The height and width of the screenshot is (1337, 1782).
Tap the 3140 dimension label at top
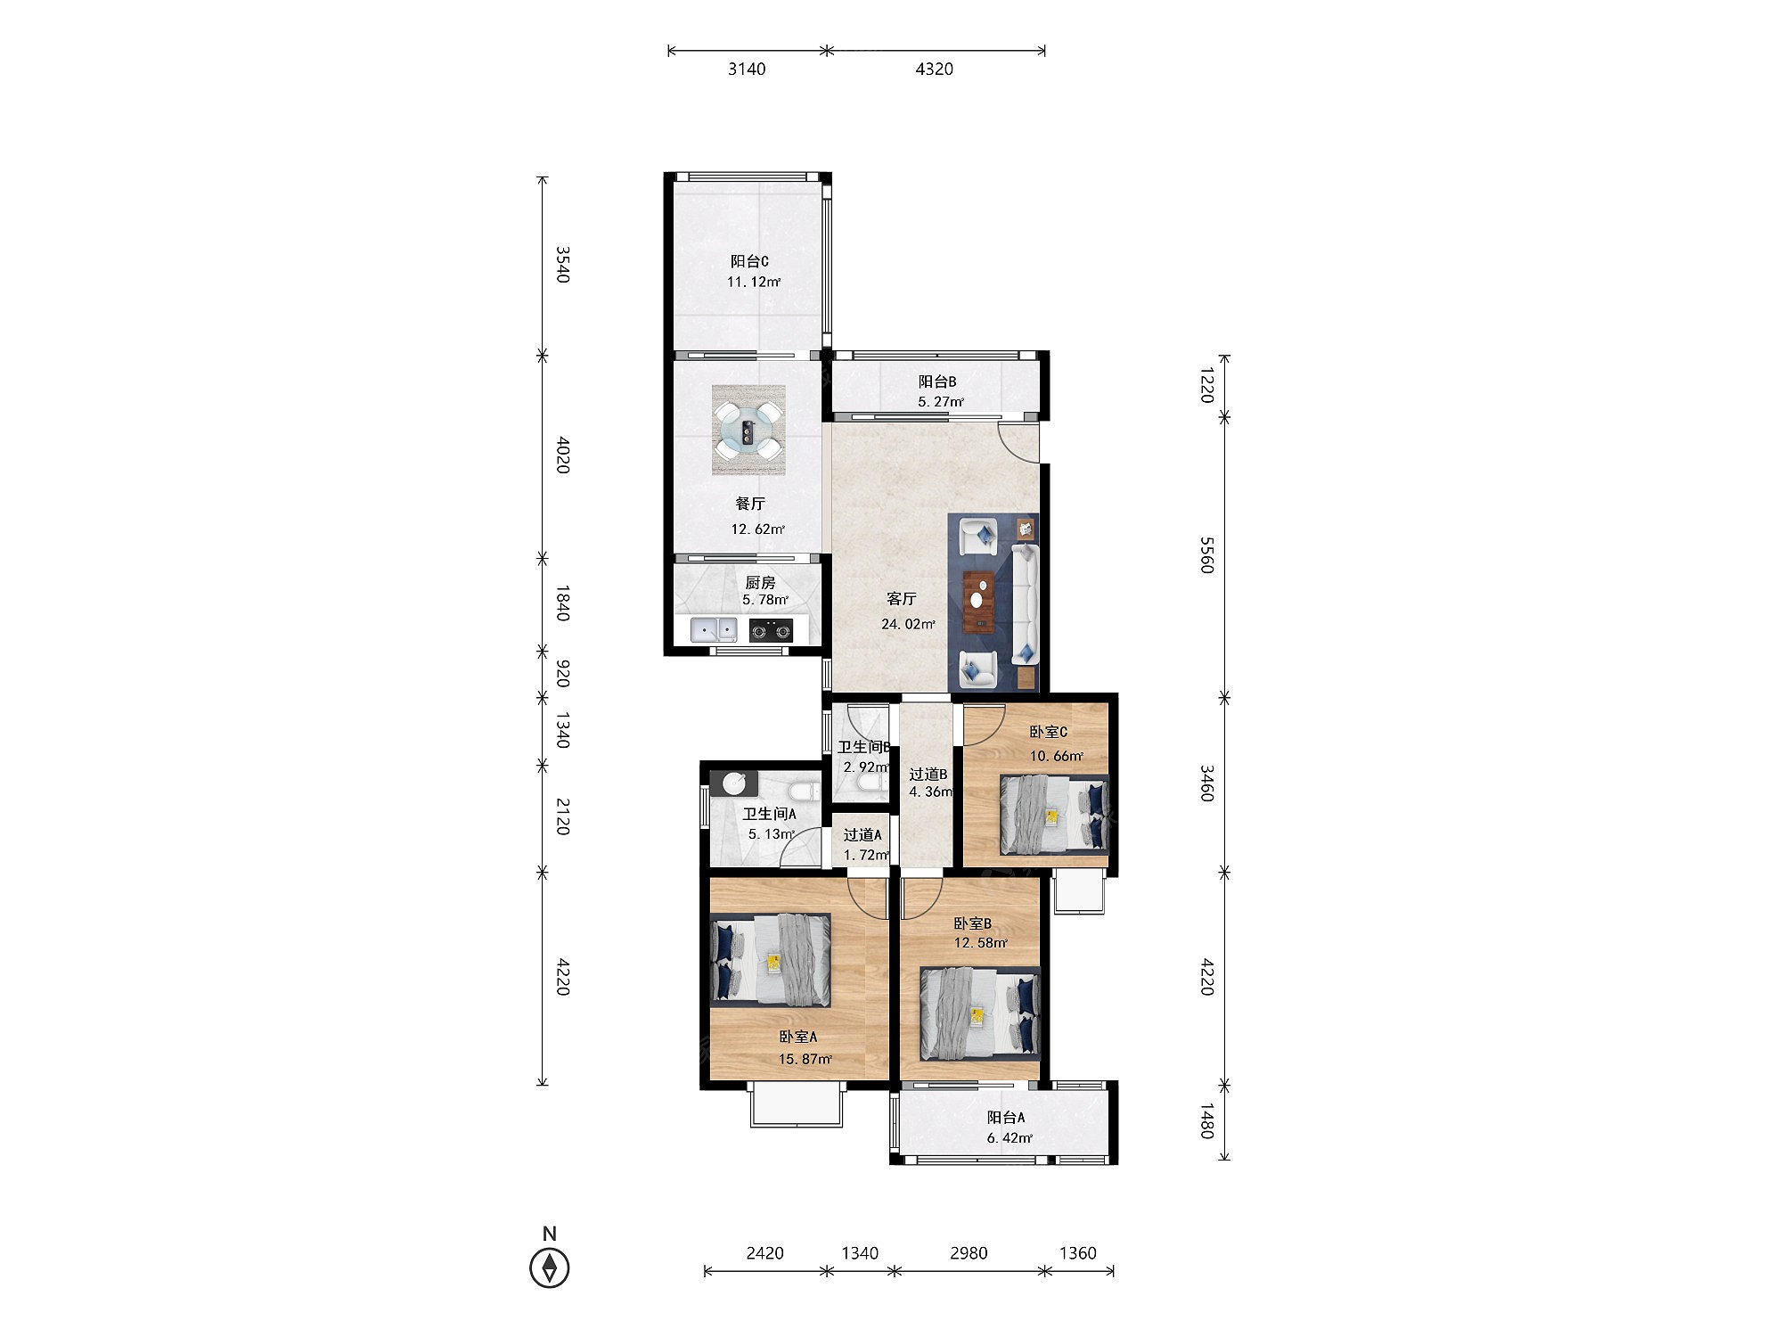click(x=747, y=69)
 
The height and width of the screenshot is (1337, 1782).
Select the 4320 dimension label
click(x=934, y=69)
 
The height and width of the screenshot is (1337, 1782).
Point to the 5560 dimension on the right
click(x=1207, y=554)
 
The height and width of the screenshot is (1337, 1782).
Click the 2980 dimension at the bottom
click(x=969, y=1253)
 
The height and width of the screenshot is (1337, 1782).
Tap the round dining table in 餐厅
click(x=748, y=431)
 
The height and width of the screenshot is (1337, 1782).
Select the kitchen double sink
click(x=715, y=630)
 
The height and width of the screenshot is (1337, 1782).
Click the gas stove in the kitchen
click(x=771, y=630)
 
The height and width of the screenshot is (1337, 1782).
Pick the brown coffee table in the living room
click(x=979, y=601)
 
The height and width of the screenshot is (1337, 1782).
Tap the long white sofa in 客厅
click(x=1026, y=604)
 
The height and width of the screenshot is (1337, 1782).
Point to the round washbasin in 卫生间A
click(x=734, y=783)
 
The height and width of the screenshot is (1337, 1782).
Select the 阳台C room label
click(x=749, y=261)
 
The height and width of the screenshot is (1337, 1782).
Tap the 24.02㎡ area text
click(x=908, y=624)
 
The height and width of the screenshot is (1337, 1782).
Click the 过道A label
click(x=862, y=835)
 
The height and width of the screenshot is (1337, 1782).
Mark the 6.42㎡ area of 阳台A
click(x=1010, y=1138)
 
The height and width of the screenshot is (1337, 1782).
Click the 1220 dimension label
click(x=1207, y=385)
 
